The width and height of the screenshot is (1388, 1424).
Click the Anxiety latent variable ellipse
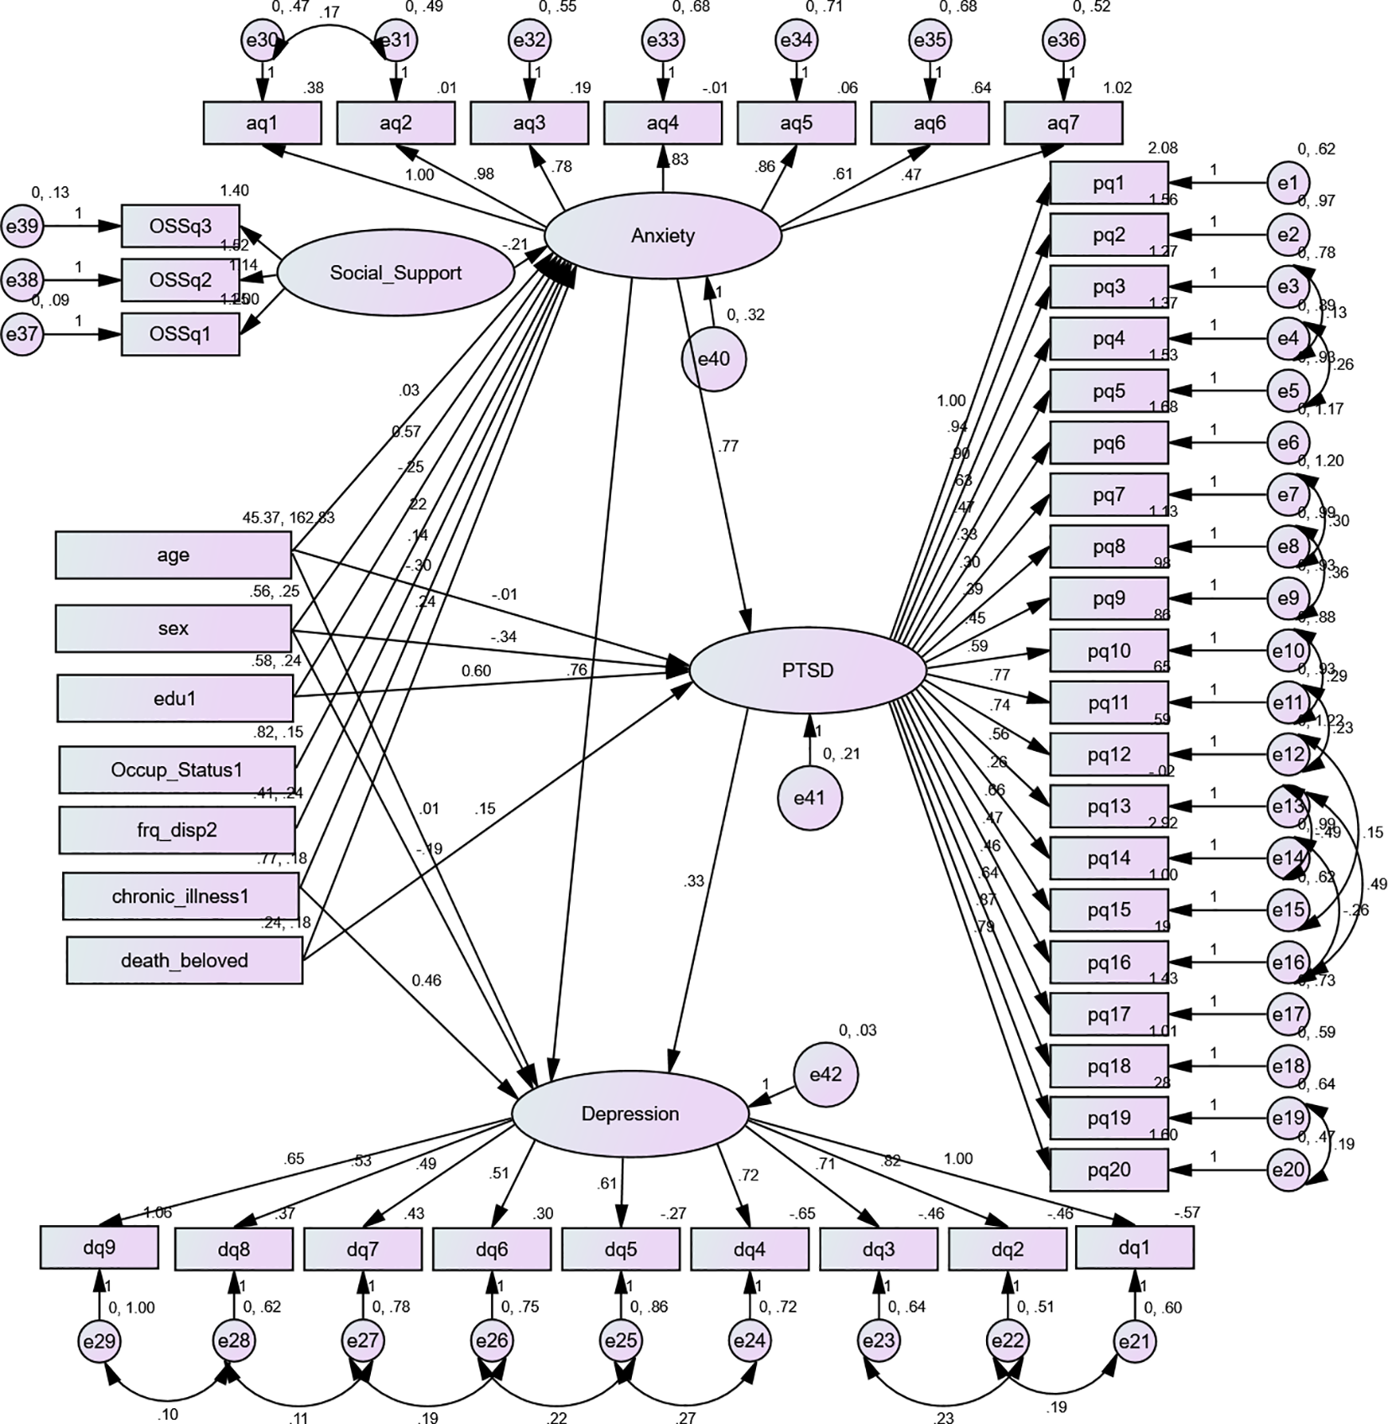[663, 236]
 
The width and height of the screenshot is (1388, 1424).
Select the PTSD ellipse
[807, 670]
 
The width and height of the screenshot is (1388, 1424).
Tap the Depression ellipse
[629, 1114]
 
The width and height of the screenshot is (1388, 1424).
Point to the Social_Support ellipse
[395, 274]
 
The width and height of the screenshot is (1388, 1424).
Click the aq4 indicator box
[662, 124]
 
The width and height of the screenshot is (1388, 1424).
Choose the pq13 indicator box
[1109, 806]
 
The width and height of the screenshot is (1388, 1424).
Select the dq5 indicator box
[620, 1249]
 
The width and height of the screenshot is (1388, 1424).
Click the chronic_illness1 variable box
[180, 896]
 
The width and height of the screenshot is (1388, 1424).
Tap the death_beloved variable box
[184, 961]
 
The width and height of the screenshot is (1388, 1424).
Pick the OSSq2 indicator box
[180, 279]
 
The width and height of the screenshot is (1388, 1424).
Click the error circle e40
[713, 359]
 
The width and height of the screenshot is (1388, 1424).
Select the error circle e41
[809, 798]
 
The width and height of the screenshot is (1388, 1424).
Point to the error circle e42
[826, 1075]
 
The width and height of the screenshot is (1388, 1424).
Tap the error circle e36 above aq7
[1063, 40]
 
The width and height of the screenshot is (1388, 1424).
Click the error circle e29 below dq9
[99, 1341]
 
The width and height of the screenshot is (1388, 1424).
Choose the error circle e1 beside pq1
[1288, 183]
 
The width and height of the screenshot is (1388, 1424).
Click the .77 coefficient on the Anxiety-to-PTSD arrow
[728, 446]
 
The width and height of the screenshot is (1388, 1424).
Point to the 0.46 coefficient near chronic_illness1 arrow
[426, 980]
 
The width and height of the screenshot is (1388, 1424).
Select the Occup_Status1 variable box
[176, 769]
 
